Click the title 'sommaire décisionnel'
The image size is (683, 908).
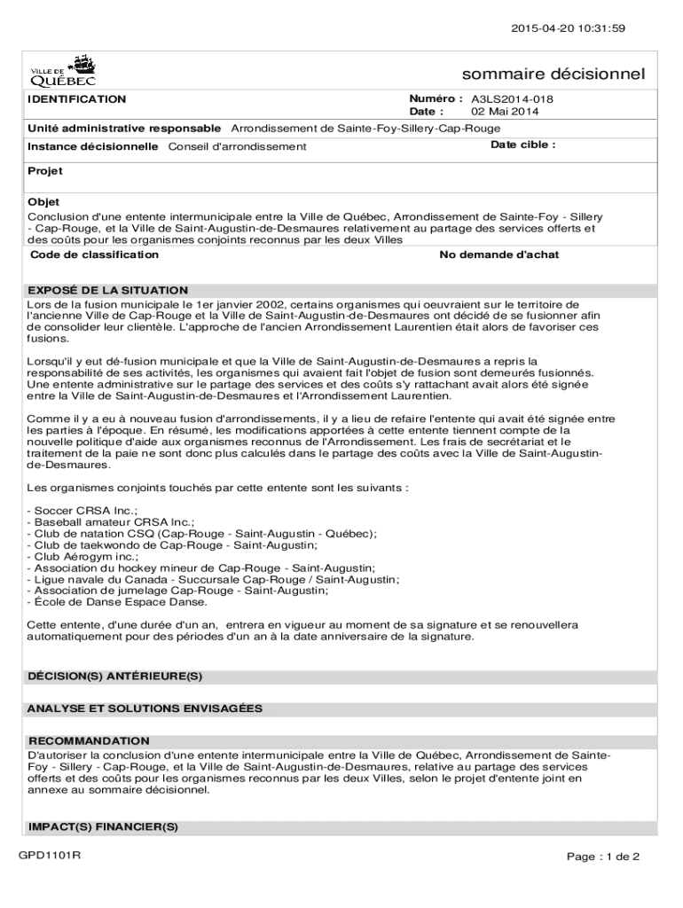click(x=553, y=74)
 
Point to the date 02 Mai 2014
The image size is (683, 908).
click(x=505, y=112)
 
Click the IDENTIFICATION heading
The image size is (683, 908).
click(x=77, y=99)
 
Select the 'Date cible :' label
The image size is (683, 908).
click(x=523, y=145)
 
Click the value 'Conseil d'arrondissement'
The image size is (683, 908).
click(x=237, y=146)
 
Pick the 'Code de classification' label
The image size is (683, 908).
click(x=95, y=254)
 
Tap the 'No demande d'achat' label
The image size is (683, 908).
click(x=499, y=254)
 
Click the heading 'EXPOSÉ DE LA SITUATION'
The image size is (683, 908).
click(x=107, y=290)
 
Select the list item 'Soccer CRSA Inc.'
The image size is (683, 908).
click(x=83, y=511)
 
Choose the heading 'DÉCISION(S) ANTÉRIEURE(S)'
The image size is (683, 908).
click(x=114, y=677)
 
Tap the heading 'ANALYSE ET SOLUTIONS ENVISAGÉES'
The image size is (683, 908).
click(x=145, y=708)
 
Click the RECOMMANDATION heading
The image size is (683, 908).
click(x=89, y=740)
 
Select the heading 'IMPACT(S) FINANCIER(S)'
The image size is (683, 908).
click(x=103, y=826)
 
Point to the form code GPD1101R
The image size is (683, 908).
click(x=50, y=856)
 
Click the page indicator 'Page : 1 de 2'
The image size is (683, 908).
click(x=604, y=857)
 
